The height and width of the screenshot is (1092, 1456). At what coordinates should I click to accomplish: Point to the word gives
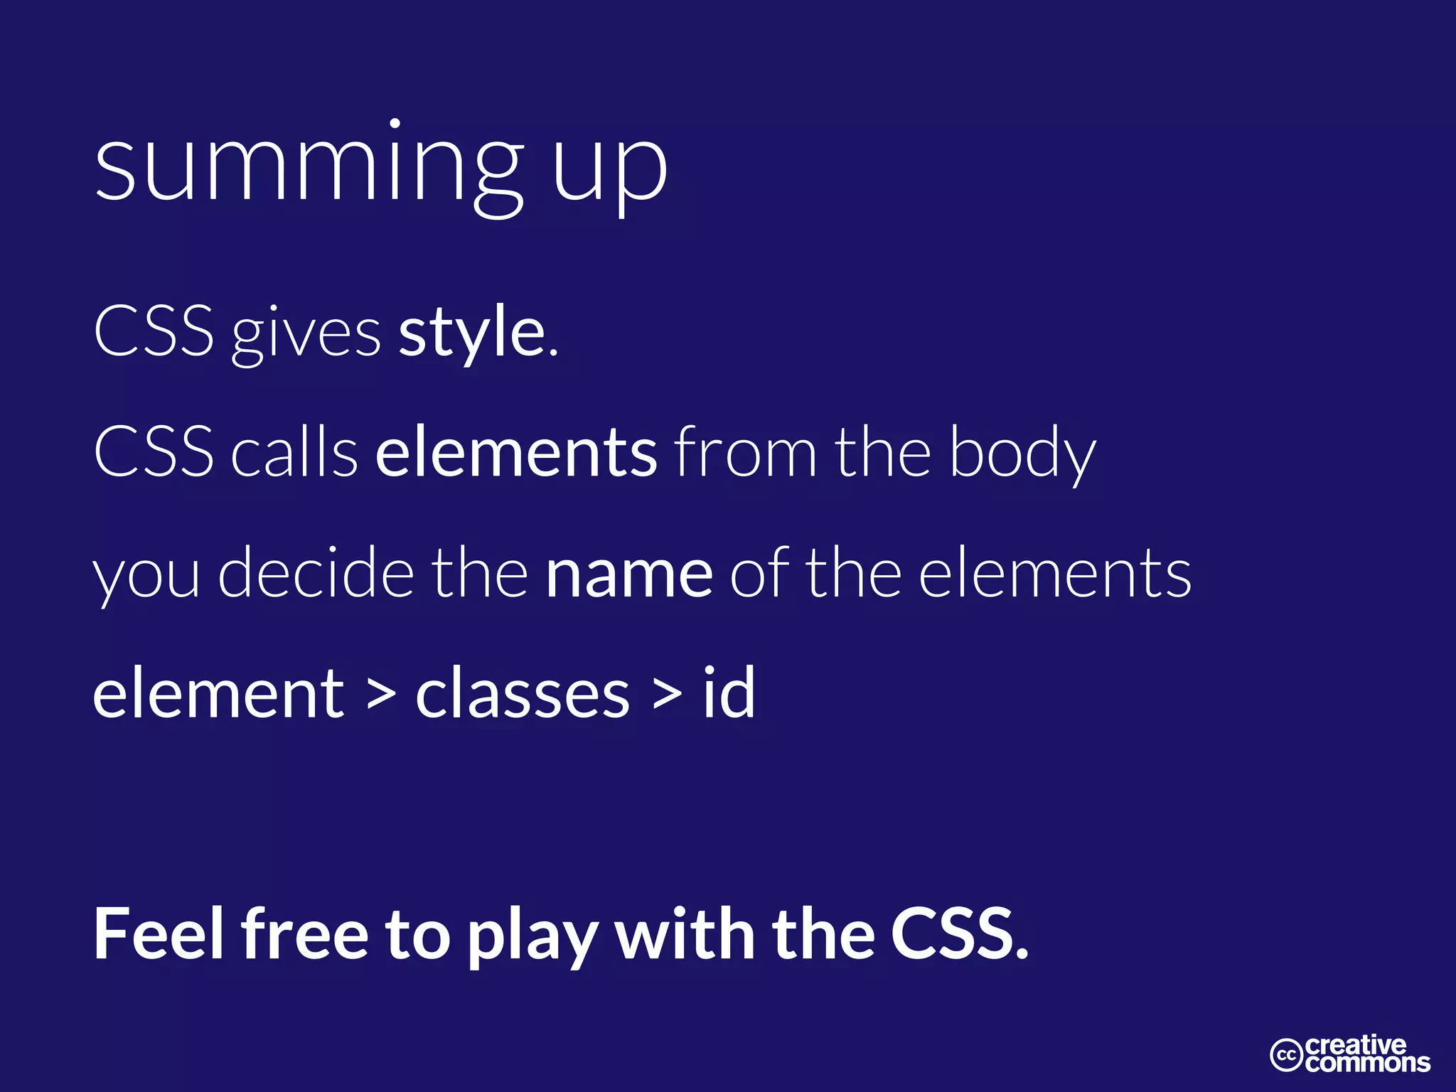(x=306, y=334)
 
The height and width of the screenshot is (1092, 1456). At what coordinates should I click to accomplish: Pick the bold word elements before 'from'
(x=517, y=453)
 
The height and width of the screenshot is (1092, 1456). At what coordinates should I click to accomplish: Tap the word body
(x=1023, y=455)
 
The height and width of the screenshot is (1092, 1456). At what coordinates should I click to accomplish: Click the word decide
(x=316, y=573)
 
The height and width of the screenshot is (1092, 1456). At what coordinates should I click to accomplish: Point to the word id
(x=729, y=692)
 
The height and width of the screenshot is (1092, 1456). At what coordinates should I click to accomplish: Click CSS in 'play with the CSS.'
(x=959, y=934)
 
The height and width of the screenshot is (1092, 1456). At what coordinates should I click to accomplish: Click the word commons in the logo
(x=1368, y=1063)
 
